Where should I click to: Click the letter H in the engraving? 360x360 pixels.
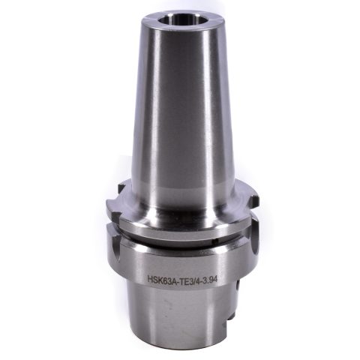(151, 279)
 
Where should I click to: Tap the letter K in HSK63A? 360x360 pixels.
(160, 279)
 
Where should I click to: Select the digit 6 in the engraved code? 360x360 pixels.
(166, 279)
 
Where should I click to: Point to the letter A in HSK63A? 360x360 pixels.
(175, 280)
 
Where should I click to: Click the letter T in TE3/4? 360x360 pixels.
(183, 280)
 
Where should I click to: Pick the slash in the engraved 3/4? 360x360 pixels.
(196, 280)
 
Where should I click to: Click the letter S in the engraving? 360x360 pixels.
(156, 279)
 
